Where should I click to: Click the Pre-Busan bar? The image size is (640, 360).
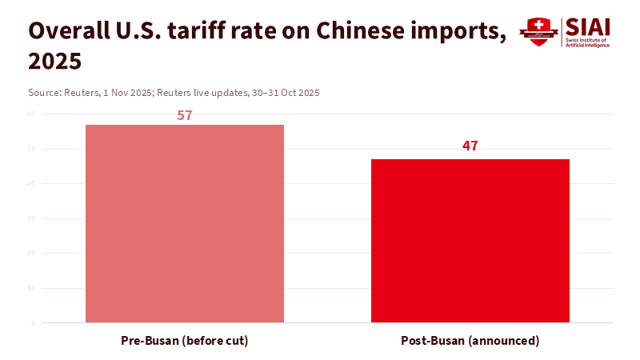click(185, 224)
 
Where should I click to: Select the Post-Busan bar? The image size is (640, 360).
click(470, 241)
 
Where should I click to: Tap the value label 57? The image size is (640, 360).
click(185, 115)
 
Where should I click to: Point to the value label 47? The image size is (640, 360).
click(470, 146)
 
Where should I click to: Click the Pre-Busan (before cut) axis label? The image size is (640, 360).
click(185, 341)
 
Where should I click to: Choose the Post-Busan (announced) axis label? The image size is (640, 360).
click(470, 341)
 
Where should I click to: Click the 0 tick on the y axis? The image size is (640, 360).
click(33, 323)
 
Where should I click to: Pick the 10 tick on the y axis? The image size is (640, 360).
click(32, 288)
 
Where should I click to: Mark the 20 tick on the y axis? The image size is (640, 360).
click(32, 254)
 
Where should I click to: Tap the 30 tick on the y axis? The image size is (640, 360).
click(32, 218)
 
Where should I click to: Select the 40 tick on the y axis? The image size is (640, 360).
click(32, 184)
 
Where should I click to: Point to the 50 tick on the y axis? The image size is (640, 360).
click(32, 149)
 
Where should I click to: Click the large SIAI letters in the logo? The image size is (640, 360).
click(588, 26)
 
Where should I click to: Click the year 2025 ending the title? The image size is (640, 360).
click(55, 61)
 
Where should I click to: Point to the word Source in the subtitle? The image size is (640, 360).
click(44, 93)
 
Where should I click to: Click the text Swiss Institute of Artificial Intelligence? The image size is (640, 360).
click(588, 43)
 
